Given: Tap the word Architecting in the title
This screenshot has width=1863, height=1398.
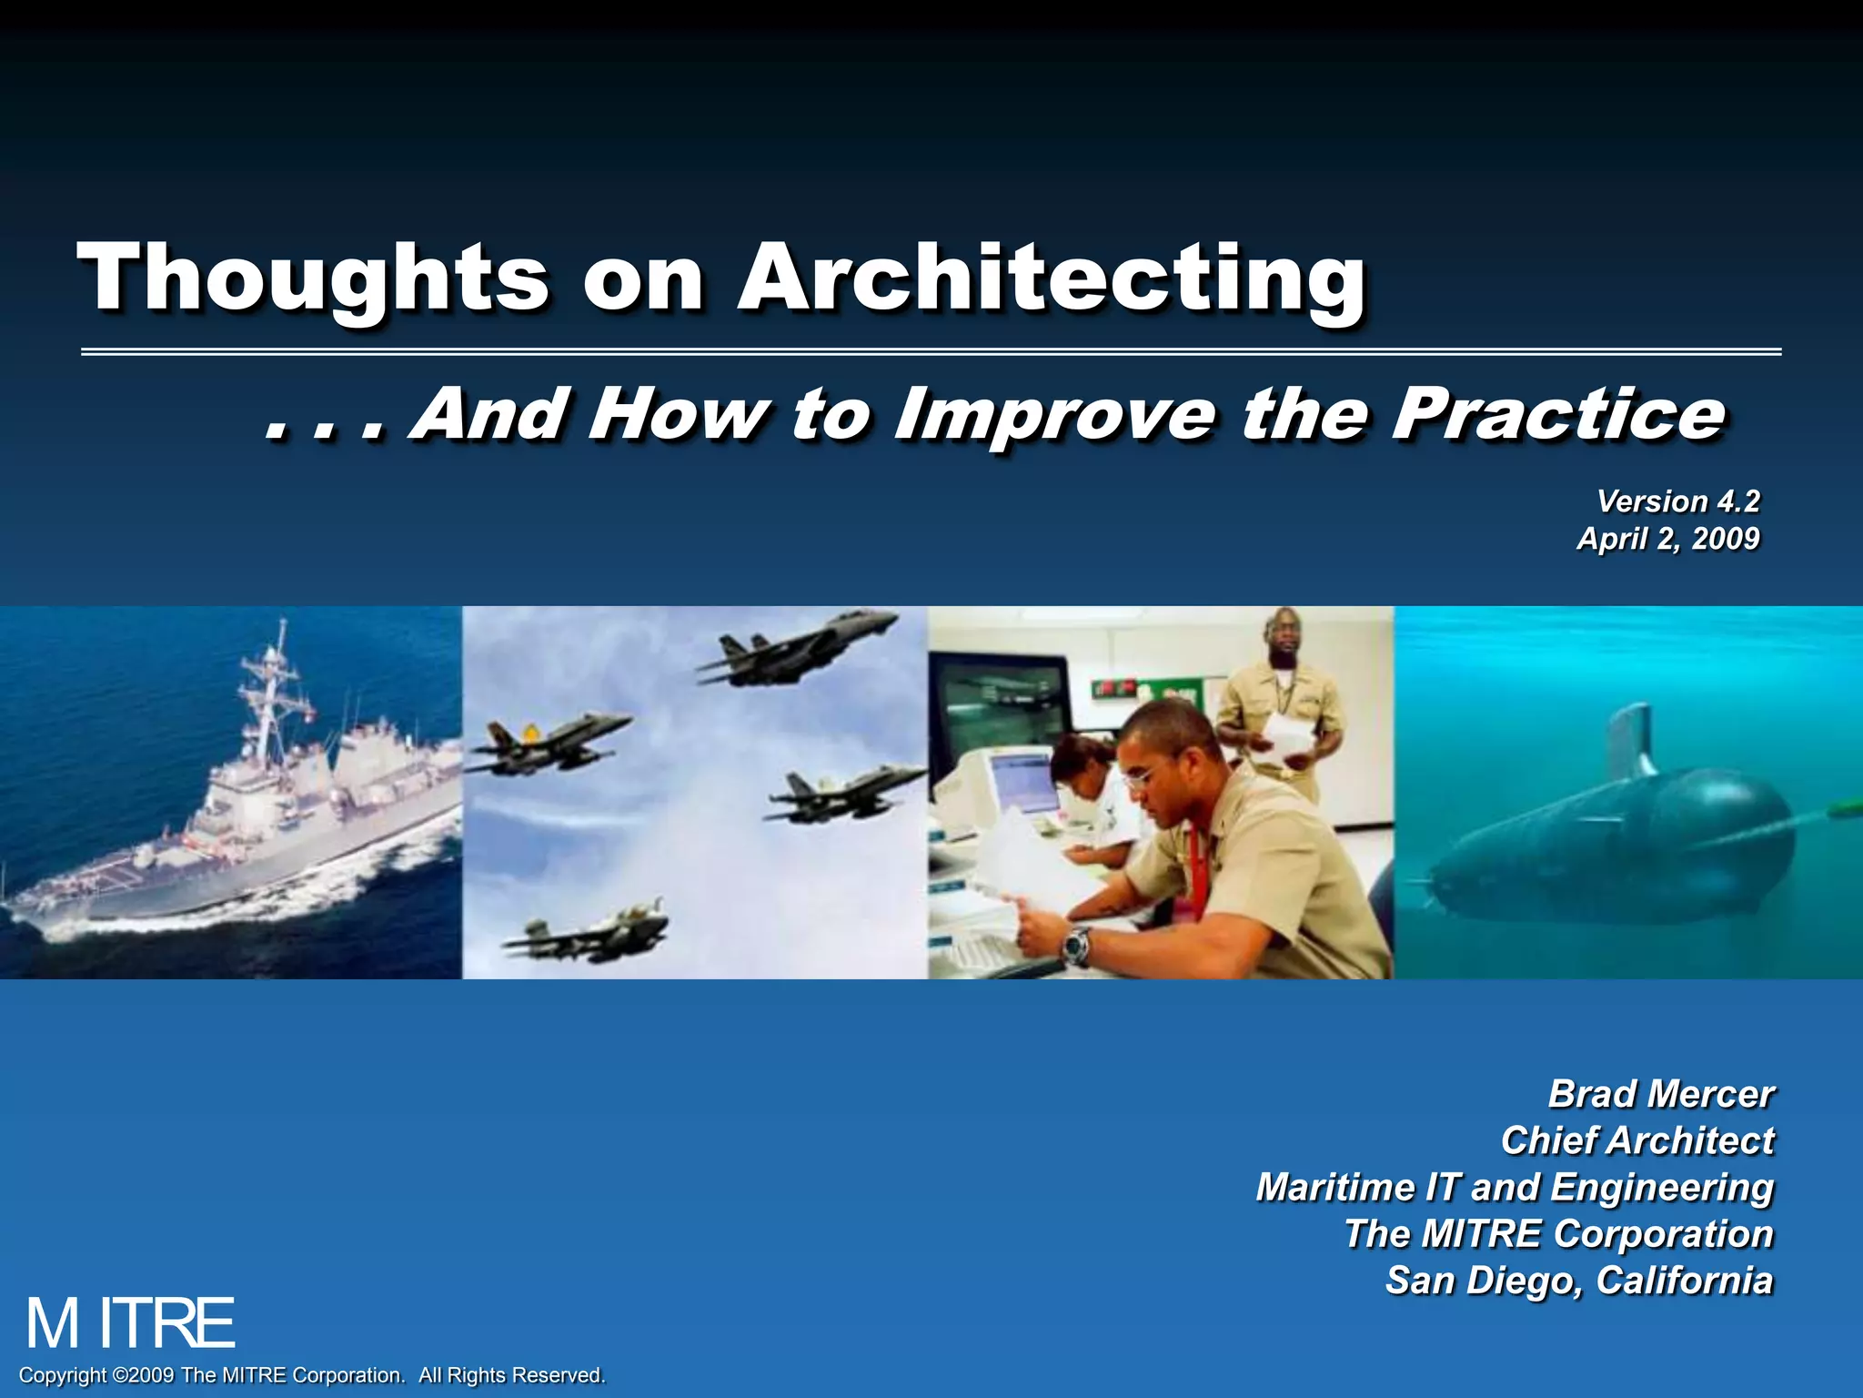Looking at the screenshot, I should (x=1051, y=278).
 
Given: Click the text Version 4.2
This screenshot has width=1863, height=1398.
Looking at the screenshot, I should (x=1678, y=501).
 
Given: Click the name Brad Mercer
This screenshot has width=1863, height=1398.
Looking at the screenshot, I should (x=1660, y=1094).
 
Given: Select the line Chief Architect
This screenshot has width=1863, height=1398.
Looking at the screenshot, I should (x=1636, y=1140).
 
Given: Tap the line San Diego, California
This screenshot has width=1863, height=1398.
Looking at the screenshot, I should (x=1579, y=1281).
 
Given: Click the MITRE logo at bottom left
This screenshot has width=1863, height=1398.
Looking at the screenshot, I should (x=130, y=1324).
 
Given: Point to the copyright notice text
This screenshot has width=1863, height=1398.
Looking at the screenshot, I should (x=312, y=1375).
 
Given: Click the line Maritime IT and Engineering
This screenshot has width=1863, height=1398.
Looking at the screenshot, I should (x=1515, y=1187).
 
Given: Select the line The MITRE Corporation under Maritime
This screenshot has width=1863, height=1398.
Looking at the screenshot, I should (x=1558, y=1234).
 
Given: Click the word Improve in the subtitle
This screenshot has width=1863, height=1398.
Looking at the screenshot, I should (x=1055, y=414).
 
